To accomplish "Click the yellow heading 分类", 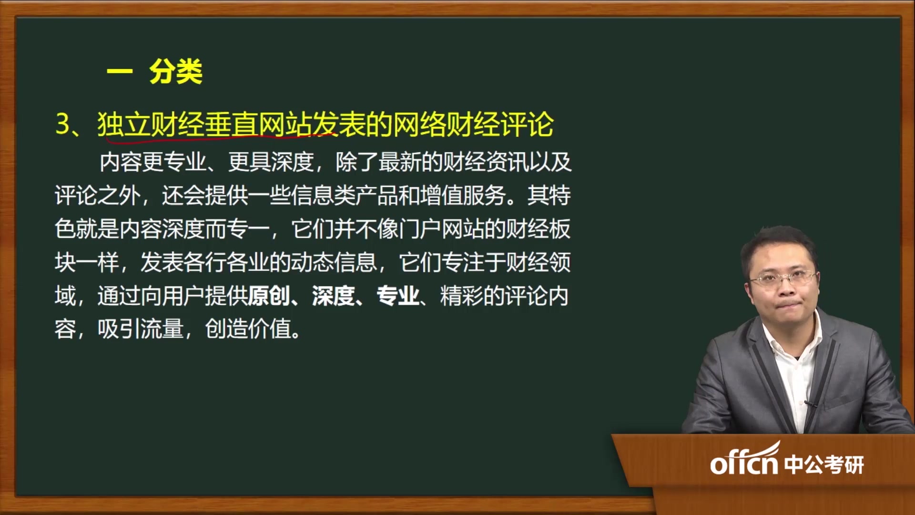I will [x=176, y=72].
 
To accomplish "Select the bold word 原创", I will [x=269, y=296].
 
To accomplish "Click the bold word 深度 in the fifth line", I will [x=333, y=296].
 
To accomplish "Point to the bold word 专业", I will [x=397, y=296].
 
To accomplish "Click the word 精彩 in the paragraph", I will [x=461, y=296].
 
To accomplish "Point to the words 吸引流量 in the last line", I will [x=141, y=330].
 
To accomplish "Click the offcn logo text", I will [x=743, y=463].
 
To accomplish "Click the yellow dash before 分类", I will [x=119, y=72].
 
